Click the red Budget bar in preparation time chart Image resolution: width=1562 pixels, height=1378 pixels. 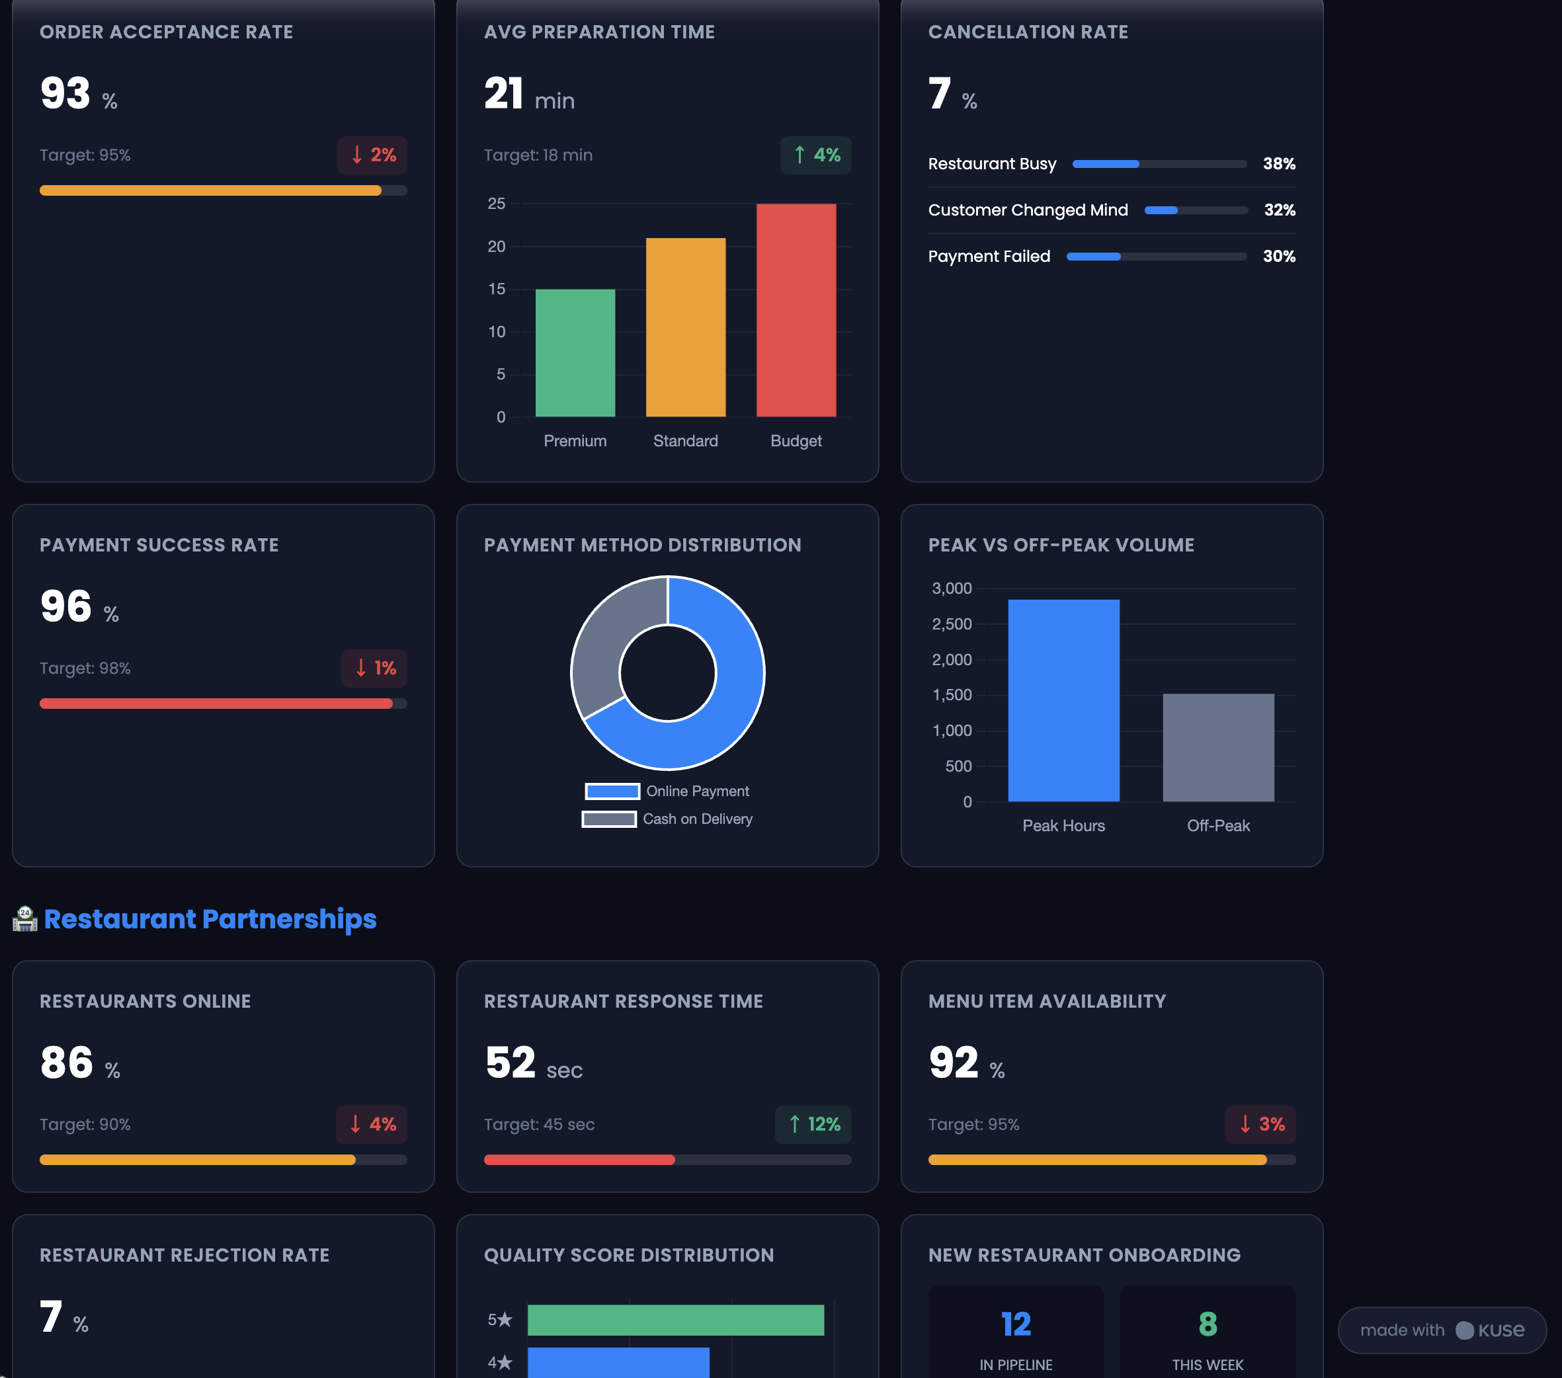click(796, 309)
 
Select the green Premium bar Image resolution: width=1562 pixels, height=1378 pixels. click(575, 352)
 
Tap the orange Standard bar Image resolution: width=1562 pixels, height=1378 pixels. click(686, 327)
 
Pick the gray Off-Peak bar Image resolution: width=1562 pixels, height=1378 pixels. click(1218, 747)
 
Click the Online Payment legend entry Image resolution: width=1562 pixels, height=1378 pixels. click(667, 791)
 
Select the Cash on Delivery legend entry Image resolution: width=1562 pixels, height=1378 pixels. click(667, 819)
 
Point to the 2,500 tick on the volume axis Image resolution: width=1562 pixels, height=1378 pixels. click(952, 624)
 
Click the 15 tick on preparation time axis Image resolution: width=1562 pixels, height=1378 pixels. click(497, 289)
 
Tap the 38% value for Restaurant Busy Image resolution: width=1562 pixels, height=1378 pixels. click(1278, 163)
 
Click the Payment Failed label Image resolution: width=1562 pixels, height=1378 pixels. click(989, 256)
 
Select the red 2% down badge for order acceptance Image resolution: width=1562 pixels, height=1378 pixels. click(372, 155)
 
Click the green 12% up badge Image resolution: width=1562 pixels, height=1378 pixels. click(813, 1124)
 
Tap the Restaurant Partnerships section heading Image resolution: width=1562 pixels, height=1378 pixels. click(210, 918)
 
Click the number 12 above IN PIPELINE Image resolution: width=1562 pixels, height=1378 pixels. click(1016, 1324)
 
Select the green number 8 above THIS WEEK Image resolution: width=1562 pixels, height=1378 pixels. click(1208, 1324)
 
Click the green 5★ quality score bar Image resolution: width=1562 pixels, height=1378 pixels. click(676, 1320)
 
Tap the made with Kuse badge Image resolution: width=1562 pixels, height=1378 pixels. click(1441, 1330)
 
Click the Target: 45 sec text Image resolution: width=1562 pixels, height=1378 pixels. click(539, 1124)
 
